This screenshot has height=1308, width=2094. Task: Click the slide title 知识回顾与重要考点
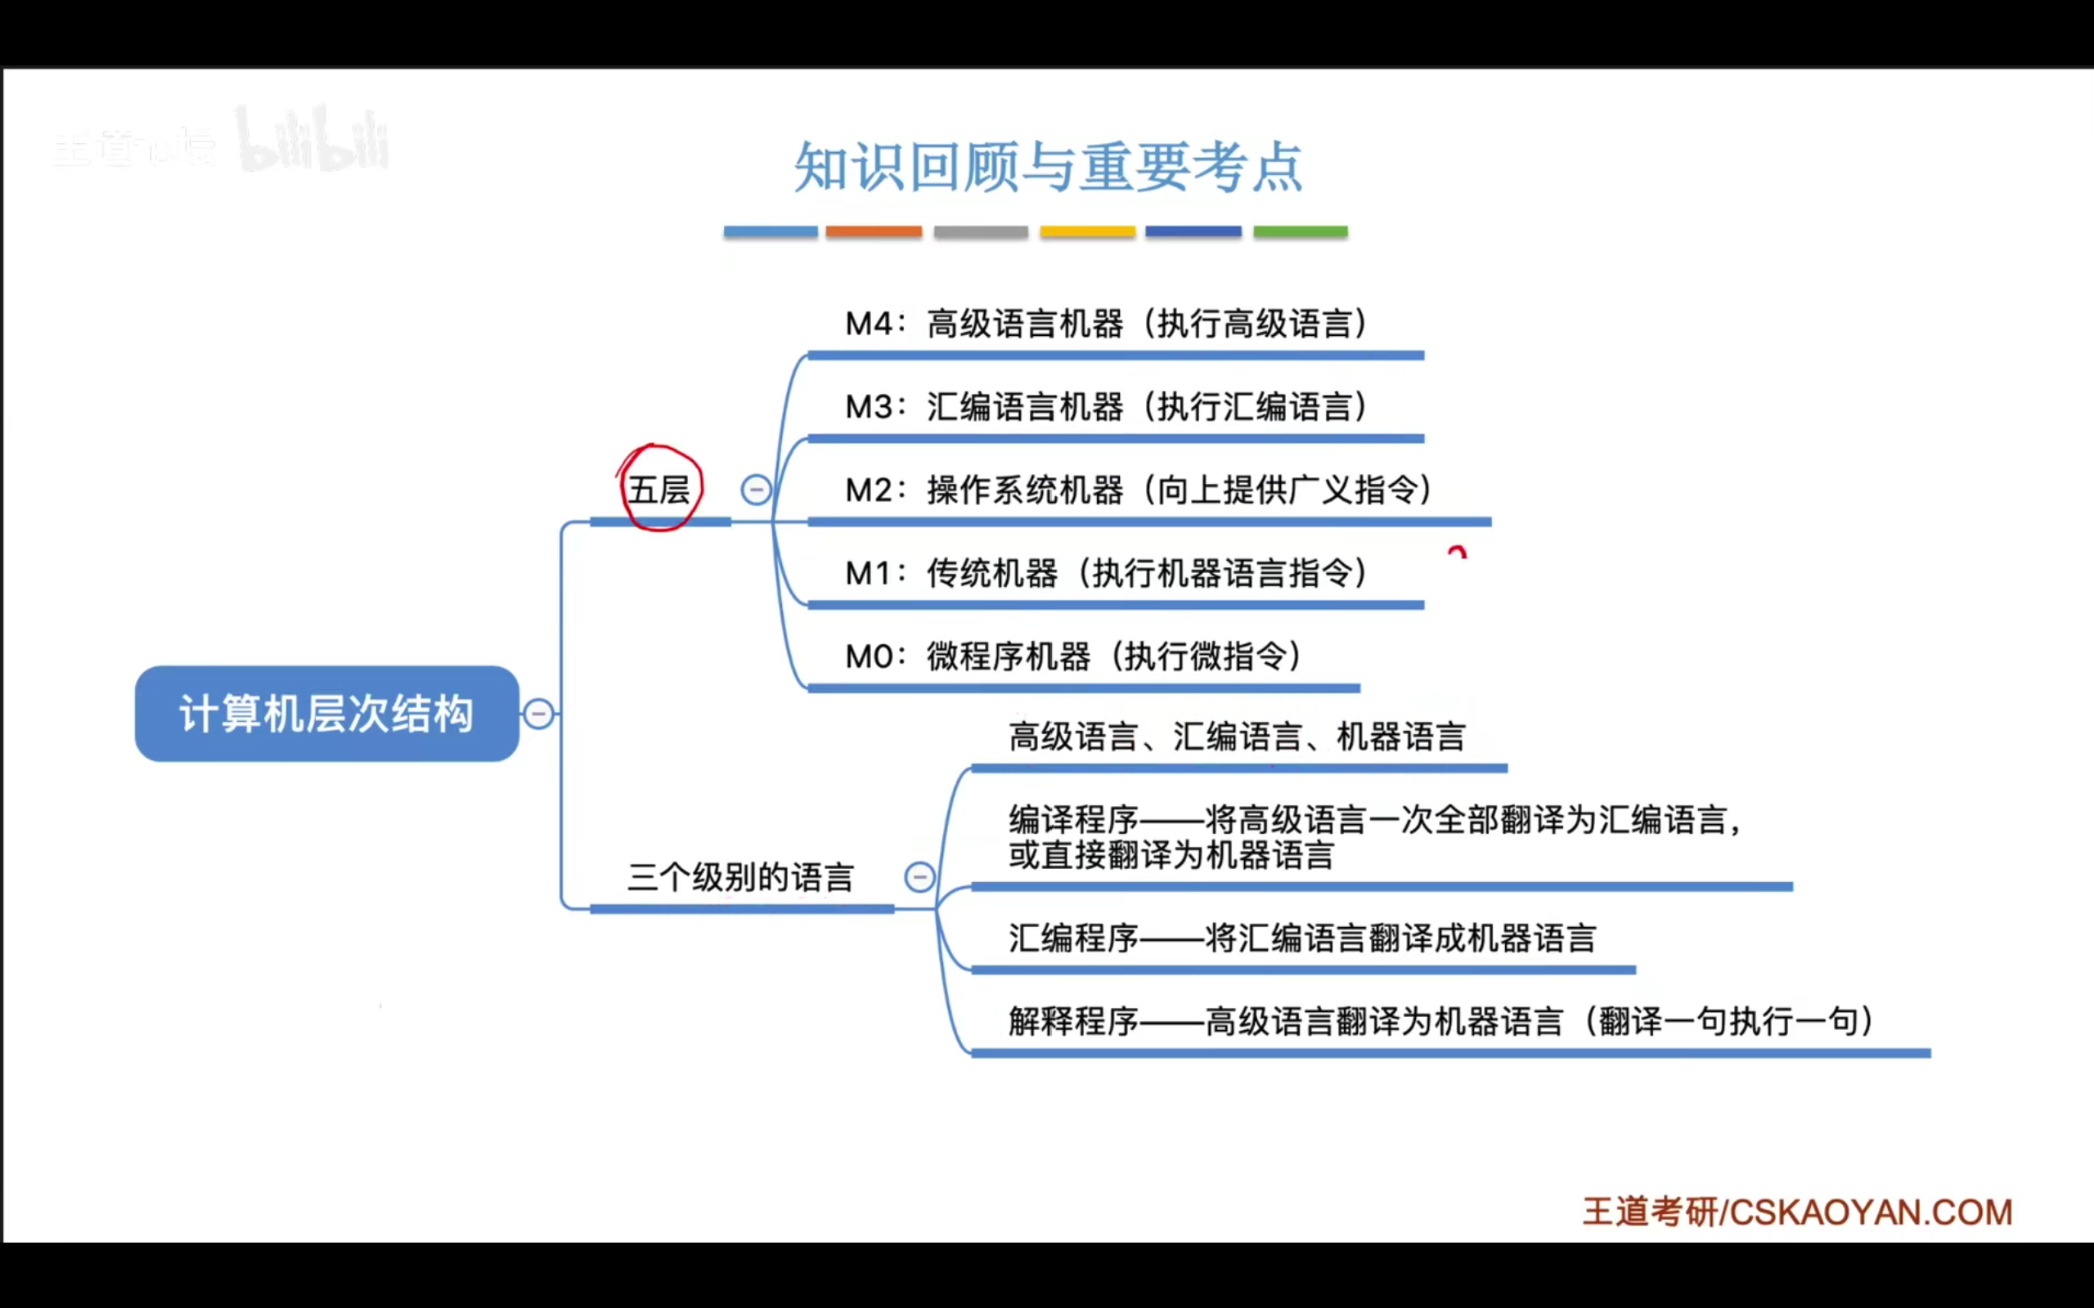pyautogui.click(x=1048, y=167)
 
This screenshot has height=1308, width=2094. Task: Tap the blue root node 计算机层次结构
pyautogui.click(x=326, y=714)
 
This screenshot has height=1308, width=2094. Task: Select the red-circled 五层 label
pyautogui.click(x=659, y=490)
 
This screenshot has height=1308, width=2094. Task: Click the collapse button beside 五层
pyautogui.click(x=756, y=490)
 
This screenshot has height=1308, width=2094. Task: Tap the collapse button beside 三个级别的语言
pyautogui.click(x=919, y=877)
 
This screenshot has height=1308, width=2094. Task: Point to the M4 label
pyautogui.click(x=869, y=325)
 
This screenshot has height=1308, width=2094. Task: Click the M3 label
pyautogui.click(x=869, y=407)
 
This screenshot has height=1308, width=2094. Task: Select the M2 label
pyautogui.click(x=869, y=490)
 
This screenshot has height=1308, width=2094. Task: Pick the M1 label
pyautogui.click(x=869, y=574)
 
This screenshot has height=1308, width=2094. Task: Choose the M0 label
pyautogui.click(x=869, y=656)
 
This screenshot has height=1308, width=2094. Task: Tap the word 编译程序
pyautogui.click(x=1073, y=820)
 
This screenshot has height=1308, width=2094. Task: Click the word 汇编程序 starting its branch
pyautogui.click(x=1073, y=938)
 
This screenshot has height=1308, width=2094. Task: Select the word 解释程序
pyautogui.click(x=1073, y=1022)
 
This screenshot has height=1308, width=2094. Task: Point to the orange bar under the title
pyautogui.click(x=873, y=232)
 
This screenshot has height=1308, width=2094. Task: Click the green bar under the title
pyautogui.click(x=1300, y=232)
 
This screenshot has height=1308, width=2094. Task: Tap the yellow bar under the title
pyautogui.click(x=1087, y=232)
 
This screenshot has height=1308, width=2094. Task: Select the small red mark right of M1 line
pyautogui.click(x=1457, y=552)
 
